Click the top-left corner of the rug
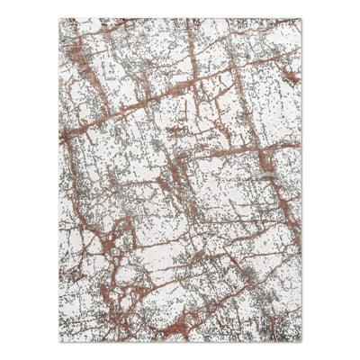pos(59,19)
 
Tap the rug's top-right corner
pos(301,19)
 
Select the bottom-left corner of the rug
pos(59,341)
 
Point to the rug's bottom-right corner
pos(301,341)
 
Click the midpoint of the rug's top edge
pos(180,19)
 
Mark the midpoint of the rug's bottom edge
pos(180,341)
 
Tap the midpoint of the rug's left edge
pos(59,180)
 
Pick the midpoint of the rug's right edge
pos(301,180)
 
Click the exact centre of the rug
pos(180,180)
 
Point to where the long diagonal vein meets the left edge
pos(61,135)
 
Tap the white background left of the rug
pos(27,180)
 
